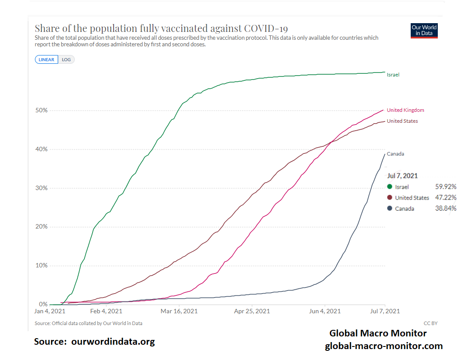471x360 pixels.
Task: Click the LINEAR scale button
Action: [x=46, y=59]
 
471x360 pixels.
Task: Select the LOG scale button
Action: [x=66, y=59]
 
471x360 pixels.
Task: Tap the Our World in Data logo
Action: [x=424, y=30]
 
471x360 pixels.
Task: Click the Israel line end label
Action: [x=393, y=75]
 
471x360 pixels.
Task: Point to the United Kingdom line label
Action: [x=405, y=110]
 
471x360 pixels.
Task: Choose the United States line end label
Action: [x=402, y=121]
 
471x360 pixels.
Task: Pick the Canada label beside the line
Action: [x=395, y=154]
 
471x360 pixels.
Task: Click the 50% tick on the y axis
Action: [x=42, y=111]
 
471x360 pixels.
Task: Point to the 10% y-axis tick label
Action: [x=42, y=266]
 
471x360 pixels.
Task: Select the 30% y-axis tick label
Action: [x=42, y=188]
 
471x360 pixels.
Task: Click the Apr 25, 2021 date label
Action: [x=252, y=312]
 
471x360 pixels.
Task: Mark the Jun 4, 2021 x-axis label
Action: [x=325, y=312]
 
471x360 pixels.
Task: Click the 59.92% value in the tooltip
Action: [x=446, y=187]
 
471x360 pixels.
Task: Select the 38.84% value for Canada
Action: [x=446, y=208]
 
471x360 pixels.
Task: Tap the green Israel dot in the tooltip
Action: [x=390, y=187]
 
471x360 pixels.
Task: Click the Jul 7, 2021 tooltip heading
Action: [x=402, y=176]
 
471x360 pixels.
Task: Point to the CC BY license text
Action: [x=430, y=323]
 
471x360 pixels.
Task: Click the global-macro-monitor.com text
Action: [x=384, y=346]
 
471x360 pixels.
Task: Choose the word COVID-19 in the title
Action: [x=266, y=28]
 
